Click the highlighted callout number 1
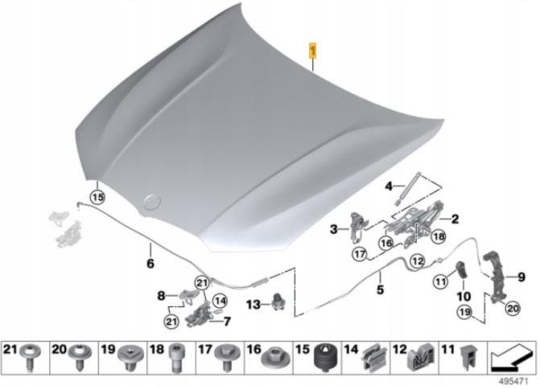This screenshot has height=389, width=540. click(x=313, y=51)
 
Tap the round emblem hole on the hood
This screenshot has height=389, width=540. click(x=152, y=201)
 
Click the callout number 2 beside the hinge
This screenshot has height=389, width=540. click(x=455, y=219)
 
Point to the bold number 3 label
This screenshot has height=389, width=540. click(x=333, y=229)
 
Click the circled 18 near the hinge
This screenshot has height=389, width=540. click(x=439, y=236)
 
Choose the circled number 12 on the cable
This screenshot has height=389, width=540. click(x=418, y=261)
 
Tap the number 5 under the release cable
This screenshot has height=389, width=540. click(x=380, y=289)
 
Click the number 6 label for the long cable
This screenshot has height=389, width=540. click(x=150, y=264)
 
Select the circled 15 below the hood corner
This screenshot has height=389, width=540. click(x=97, y=198)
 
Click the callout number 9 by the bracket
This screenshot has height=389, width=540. click(x=521, y=276)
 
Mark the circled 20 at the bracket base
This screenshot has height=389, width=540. click(x=513, y=308)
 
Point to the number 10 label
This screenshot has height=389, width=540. click(x=464, y=296)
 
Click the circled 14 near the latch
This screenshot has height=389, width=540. click(x=220, y=301)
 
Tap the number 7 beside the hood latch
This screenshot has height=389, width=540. click(x=227, y=321)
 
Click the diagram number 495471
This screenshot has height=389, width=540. click(x=513, y=382)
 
